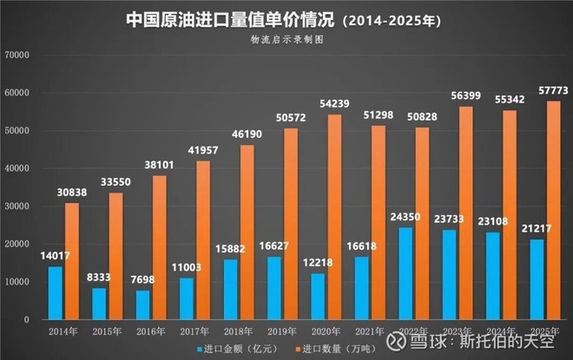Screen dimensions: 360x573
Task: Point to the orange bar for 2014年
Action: tap(72, 261)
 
